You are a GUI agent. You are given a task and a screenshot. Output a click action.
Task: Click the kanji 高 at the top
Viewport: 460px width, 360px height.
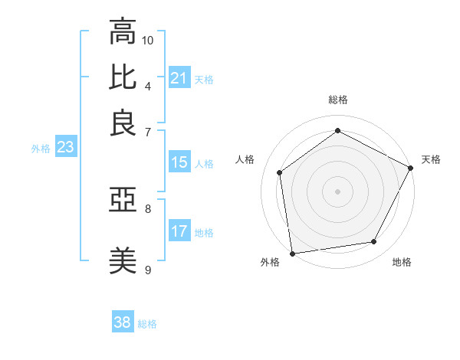(122, 32)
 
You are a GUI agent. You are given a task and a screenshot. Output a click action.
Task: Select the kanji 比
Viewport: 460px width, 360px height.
(122, 77)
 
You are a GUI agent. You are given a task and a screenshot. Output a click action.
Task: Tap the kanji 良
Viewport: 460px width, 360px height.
(122, 123)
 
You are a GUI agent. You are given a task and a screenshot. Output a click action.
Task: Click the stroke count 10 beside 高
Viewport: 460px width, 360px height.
(148, 40)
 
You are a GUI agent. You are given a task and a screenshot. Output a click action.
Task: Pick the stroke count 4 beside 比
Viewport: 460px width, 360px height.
(148, 85)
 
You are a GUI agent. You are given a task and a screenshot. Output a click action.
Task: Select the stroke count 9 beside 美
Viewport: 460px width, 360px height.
(148, 270)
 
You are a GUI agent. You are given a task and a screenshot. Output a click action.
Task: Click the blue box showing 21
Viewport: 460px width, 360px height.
(179, 78)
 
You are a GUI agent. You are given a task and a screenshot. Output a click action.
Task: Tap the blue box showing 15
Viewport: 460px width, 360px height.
(179, 162)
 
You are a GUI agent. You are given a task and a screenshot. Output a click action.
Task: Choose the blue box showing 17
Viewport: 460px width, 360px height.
(179, 231)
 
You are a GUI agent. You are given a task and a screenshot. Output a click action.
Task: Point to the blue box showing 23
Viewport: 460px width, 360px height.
(65, 148)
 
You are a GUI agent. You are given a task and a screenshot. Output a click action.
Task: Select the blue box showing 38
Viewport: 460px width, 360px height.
(122, 322)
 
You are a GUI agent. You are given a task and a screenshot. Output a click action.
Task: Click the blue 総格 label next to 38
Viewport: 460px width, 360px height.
(148, 324)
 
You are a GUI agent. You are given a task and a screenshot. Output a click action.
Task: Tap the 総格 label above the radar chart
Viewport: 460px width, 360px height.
(337, 100)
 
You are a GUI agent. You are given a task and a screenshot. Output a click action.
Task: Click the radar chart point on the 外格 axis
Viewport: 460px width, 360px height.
(292, 253)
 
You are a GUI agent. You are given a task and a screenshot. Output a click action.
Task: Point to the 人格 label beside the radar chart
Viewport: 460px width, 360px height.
(245, 159)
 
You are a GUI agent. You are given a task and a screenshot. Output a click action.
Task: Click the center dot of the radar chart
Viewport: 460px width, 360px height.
(337, 191)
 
